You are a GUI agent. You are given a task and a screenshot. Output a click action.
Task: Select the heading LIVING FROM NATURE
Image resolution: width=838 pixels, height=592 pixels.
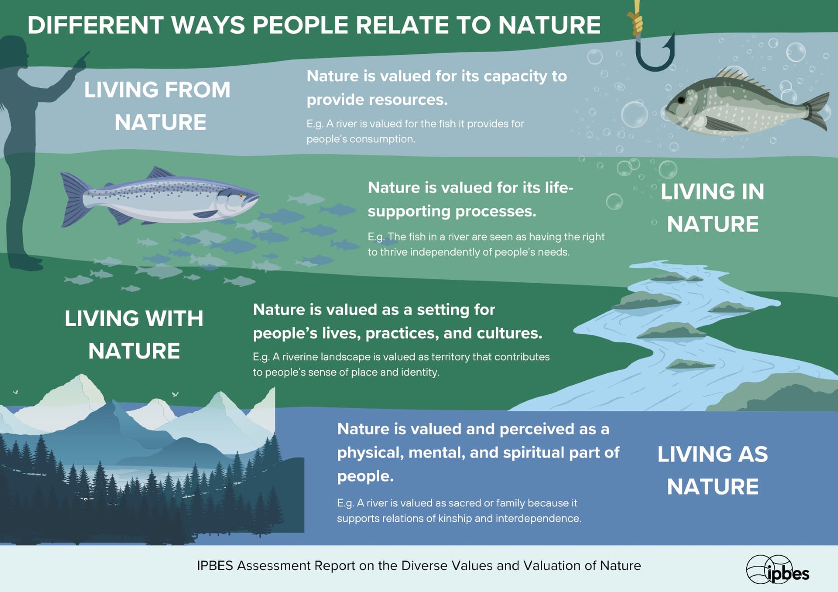pyautogui.click(x=158, y=106)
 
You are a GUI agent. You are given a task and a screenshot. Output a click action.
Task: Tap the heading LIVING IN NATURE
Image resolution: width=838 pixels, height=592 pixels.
pyautogui.click(x=712, y=208)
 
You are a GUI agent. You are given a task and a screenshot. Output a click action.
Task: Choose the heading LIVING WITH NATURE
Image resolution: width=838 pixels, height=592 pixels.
pyautogui.click(x=134, y=334)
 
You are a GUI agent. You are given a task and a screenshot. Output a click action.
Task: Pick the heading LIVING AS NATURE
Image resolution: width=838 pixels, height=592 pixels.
pyautogui.click(x=712, y=470)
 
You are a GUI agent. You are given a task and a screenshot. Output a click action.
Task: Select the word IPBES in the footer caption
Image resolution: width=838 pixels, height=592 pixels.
pyautogui.click(x=215, y=566)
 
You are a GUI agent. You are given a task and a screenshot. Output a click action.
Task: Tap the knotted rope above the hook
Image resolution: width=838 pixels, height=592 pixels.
pyautogui.click(x=636, y=20)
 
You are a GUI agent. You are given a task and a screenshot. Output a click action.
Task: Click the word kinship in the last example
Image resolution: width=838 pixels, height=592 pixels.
pyautogui.click(x=455, y=519)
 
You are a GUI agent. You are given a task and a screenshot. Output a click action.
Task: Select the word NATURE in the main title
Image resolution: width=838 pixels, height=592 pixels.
pyautogui.click(x=550, y=25)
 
